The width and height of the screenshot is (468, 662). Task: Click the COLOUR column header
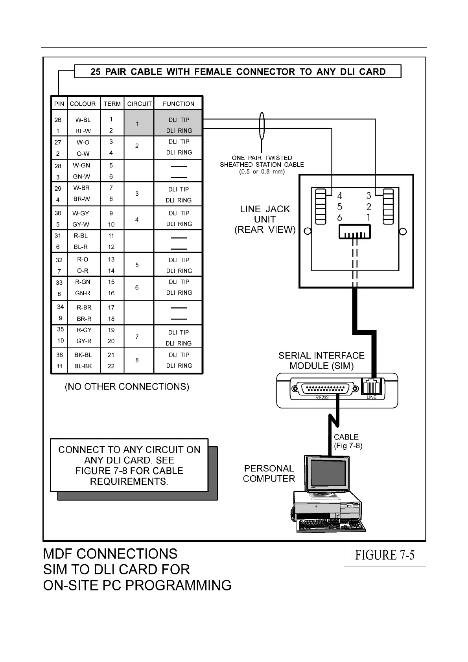tap(83, 104)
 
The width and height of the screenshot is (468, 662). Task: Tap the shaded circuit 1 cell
tap(137, 124)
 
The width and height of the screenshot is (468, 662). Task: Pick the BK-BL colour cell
tap(83, 355)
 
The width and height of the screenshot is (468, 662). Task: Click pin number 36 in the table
tap(59, 355)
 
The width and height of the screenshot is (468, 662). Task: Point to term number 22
tap(111, 366)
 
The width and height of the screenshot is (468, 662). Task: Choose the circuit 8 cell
tap(137, 360)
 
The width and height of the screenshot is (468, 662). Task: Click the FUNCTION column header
tap(179, 104)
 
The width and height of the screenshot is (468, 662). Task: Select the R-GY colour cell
tap(84, 330)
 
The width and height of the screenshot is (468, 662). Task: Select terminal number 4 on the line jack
tap(339, 195)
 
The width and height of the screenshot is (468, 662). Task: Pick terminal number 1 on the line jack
tap(369, 217)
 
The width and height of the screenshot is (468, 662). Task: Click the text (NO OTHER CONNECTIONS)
tap(127, 387)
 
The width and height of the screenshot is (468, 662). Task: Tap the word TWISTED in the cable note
tap(278, 158)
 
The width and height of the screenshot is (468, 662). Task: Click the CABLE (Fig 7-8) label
tap(348, 441)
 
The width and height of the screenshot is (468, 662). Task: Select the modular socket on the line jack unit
tap(355, 232)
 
